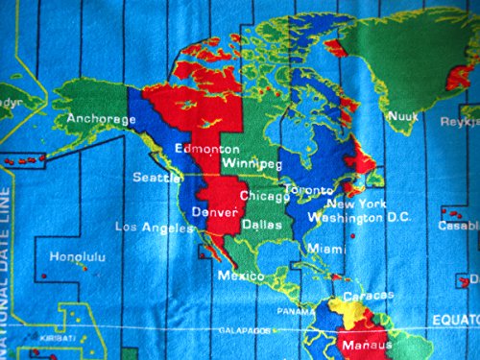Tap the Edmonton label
pos(206,150)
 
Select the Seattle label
pos(157,178)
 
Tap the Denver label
pos(213,211)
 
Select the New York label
pos(355,204)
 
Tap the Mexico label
pos(240,276)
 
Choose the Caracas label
pos(369,296)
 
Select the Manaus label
pos(367,344)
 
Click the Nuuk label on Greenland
pos(402,117)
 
